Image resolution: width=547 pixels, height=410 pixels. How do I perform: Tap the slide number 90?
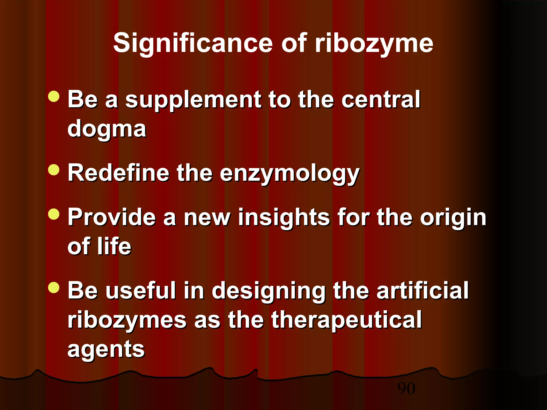coord(406,389)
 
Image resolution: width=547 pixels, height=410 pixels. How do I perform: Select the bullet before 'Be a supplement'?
coord(54,96)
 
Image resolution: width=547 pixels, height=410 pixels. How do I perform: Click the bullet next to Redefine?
coord(54,170)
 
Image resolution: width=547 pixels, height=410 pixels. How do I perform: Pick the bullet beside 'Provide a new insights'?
coord(54,214)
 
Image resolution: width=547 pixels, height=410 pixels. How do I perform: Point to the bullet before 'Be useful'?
coord(54,287)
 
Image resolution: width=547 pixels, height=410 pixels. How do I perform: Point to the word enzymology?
coord(290,174)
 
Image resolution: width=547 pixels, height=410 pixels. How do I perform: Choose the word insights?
coord(284,218)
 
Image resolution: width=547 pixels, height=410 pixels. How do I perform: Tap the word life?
coord(114,246)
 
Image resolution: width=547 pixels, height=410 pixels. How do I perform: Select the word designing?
coord(268,291)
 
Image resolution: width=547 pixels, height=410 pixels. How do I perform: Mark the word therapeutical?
coord(346,320)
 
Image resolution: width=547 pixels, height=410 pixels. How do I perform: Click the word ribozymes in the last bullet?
coord(127,320)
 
